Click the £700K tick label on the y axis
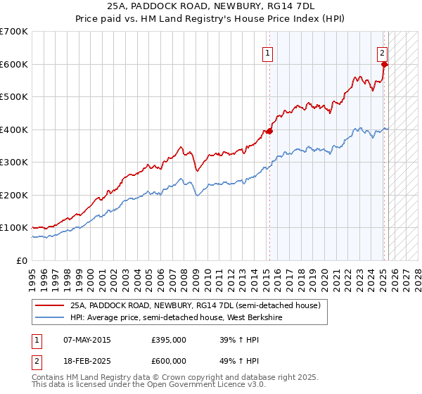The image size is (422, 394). (x=14, y=32)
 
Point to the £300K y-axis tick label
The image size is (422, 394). (x=14, y=162)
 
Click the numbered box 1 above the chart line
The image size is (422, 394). (x=269, y=51)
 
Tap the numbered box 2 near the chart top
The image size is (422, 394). (x=382, y=51)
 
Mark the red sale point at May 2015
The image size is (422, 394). (x=269, y=131)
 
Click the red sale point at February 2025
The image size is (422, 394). (x=385, y=65)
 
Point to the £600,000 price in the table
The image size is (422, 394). (x=169, y=360)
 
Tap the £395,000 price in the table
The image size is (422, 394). (x=169, y=340)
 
